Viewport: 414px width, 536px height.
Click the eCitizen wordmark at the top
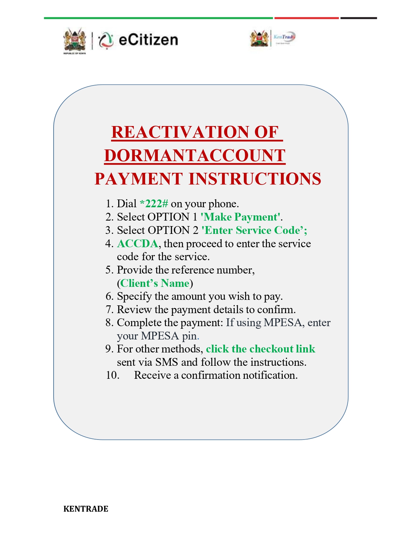tap(148, 40)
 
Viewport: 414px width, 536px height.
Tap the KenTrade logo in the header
tap(284, 38)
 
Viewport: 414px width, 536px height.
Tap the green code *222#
tap(154, 204)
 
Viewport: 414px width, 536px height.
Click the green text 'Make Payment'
tap(240, 217)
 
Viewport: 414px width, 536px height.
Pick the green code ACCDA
tap(137, 244)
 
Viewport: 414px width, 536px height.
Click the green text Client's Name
tap(155, 283)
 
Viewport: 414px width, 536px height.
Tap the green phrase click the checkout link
tap(261, 349)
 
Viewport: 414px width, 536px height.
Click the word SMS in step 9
tap(167, 362)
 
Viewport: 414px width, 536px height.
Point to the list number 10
tap(112, 375)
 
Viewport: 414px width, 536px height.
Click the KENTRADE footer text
tap(86, 509)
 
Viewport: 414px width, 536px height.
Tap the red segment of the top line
tap(306, 18)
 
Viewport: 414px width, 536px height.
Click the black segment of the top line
tap(358, 18)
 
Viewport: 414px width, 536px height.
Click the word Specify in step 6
tap(134, 297)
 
